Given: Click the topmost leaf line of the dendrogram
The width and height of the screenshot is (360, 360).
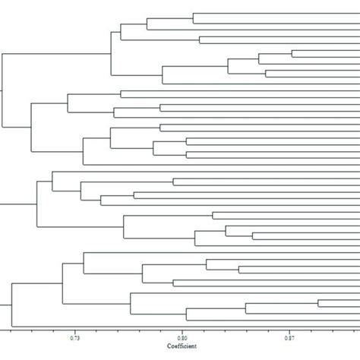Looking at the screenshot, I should [273, 14].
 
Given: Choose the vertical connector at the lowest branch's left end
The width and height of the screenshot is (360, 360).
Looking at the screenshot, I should [186, 314].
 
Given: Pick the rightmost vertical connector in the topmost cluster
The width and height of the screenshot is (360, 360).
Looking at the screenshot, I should [292, 53].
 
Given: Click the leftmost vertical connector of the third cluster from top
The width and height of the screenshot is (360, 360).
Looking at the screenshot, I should [37, 204].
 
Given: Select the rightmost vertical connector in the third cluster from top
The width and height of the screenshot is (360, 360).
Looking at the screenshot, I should [252, 237].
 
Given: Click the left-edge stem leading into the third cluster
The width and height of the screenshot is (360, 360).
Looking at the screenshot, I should [18, 204].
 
